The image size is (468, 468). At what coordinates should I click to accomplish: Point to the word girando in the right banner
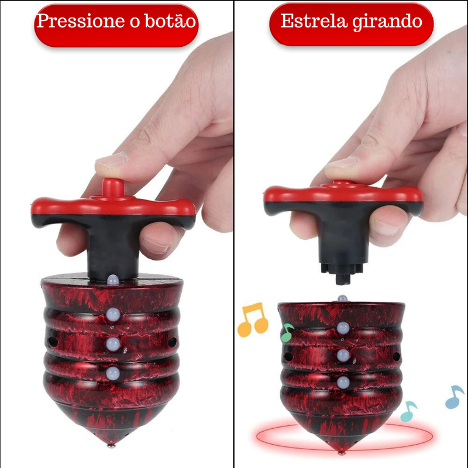(392, 22)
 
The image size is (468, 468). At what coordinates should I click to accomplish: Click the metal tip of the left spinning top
(111, 446)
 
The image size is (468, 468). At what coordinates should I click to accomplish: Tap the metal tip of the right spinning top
(342, 451)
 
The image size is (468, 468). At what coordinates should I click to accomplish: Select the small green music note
(287, 333)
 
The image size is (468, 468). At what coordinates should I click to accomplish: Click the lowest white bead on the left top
(113, 373)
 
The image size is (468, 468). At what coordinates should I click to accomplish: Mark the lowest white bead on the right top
(343, 383)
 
